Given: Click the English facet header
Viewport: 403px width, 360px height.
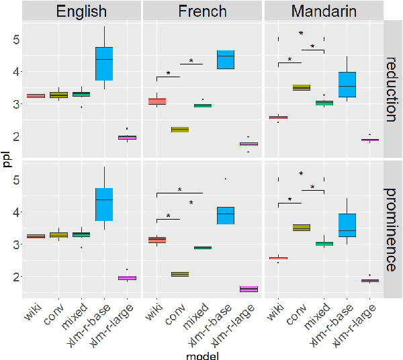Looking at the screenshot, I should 81,11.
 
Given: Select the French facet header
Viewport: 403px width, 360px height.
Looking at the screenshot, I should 202,11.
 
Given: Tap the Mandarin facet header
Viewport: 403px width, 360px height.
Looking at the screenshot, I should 323,11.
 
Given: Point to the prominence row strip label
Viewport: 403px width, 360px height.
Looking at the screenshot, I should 392,229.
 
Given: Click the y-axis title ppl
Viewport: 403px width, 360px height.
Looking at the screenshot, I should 6,160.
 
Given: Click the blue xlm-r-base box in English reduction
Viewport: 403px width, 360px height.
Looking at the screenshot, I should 104,64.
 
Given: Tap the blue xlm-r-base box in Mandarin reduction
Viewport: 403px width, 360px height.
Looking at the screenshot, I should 347,85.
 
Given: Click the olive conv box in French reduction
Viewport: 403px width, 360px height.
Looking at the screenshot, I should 179,130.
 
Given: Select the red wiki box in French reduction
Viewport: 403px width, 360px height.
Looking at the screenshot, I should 156,101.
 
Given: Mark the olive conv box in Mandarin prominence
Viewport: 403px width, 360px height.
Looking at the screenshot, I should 301,228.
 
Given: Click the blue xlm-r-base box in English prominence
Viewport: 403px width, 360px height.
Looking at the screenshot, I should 104,204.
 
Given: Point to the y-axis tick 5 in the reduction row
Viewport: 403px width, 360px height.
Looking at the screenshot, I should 15,39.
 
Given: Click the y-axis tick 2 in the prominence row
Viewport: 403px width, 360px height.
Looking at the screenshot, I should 15,277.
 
